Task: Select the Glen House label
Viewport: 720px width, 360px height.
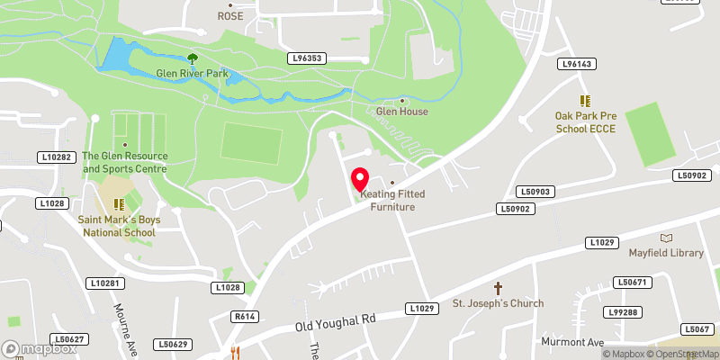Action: click(x=402, y=112)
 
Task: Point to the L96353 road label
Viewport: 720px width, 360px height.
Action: click(x=306, y=58)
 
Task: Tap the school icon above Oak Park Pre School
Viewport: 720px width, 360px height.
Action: click(x=585, y=101)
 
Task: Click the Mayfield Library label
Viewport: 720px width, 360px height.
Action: click(x=666, y=253)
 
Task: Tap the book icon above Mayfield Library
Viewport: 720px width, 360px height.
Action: click(x=666, y=238)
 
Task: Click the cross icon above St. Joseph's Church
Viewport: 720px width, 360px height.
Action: click(x=498, y=288)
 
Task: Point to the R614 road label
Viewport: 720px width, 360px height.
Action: click(x=244, y=317)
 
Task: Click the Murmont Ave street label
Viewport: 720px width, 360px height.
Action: click(x=572, y=343)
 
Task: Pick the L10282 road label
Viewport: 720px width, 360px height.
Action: click(x=54, y=157)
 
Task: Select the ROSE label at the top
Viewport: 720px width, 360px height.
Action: click(x=230, y=16)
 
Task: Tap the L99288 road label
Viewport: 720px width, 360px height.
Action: click(x=622, y=312)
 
